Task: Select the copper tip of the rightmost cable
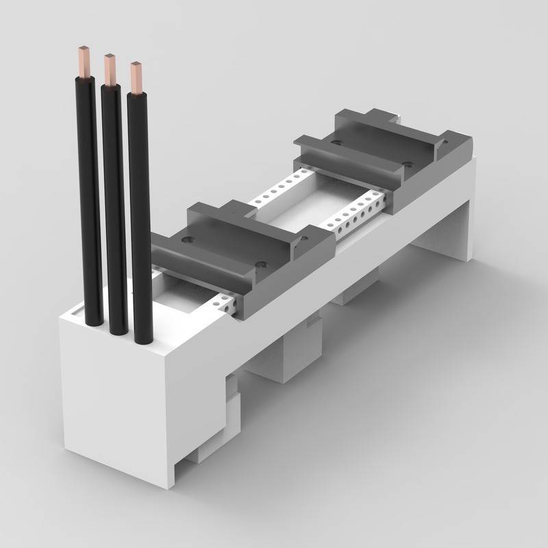click(x=138, y=77)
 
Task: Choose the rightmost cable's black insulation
click(x=140, y=219)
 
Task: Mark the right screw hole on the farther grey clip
click(x=408, y=164)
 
